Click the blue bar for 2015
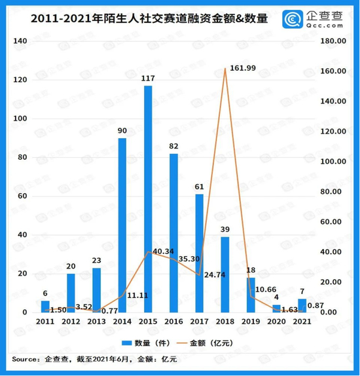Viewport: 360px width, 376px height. [148, 199]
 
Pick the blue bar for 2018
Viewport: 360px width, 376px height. [225, 274]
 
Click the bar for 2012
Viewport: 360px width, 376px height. [71, 293]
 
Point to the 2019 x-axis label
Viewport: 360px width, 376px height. [250, 322]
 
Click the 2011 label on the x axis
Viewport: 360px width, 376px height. [45, 322]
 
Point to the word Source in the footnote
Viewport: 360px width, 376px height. [24, 358]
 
